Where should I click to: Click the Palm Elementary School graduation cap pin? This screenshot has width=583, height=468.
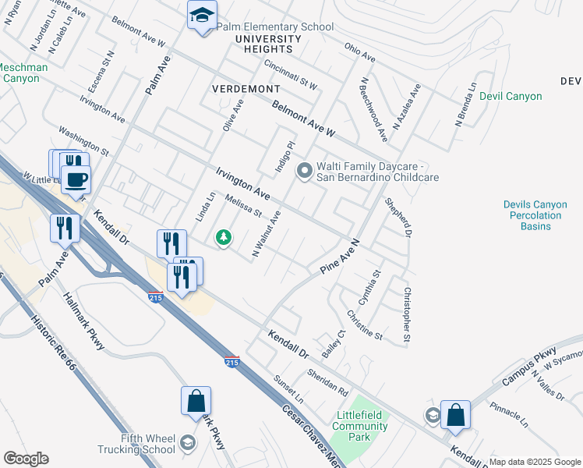pyautogui.click(x=203, y=16)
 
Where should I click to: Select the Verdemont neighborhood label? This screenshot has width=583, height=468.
pyautogui.click(x=245, y=89)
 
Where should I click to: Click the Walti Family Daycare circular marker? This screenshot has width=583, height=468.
pyautogui.click(x=304, y=169)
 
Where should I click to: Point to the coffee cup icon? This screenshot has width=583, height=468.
pyautogui.click(x=76, y=179)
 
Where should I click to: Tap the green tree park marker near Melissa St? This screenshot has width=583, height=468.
pyautogui.click(x=224, y=237)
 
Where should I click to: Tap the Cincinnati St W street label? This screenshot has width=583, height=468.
pyautogui.click(x=290, y=75)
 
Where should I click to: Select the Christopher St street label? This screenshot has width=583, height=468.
pyautogui.click(x=406, y=315)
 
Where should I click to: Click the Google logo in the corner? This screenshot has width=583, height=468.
pyautogui.click(x=26, y=459)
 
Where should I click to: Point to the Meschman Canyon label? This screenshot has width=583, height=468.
pyautogui.click(x=22, y=73)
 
